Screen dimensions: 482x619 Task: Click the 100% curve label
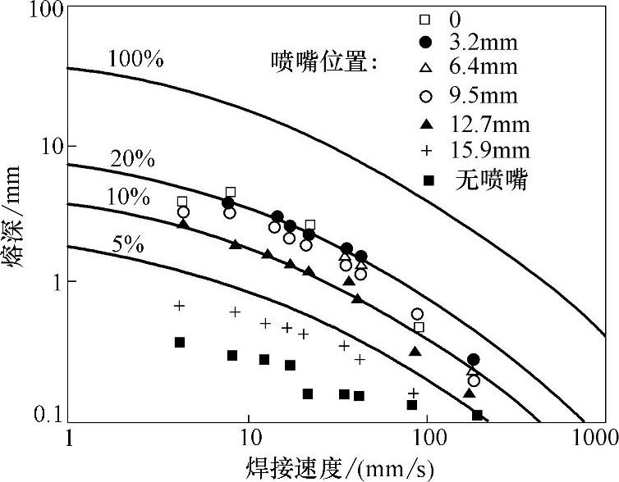[135, 59]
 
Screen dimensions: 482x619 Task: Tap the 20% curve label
[132, 159]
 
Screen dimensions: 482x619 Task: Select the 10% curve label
[128, 197]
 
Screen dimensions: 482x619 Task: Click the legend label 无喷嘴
[490, 178]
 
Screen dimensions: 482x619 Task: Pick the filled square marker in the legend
[424, 178]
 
